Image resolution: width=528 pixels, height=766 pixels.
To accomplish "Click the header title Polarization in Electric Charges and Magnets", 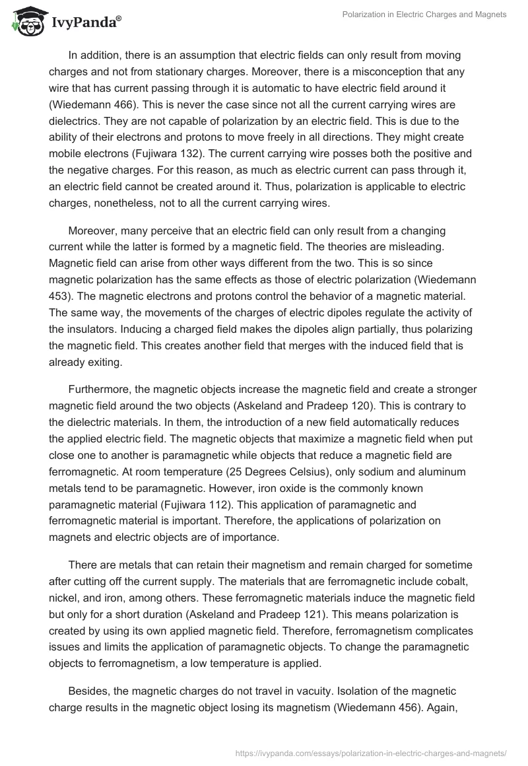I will [424, 15].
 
